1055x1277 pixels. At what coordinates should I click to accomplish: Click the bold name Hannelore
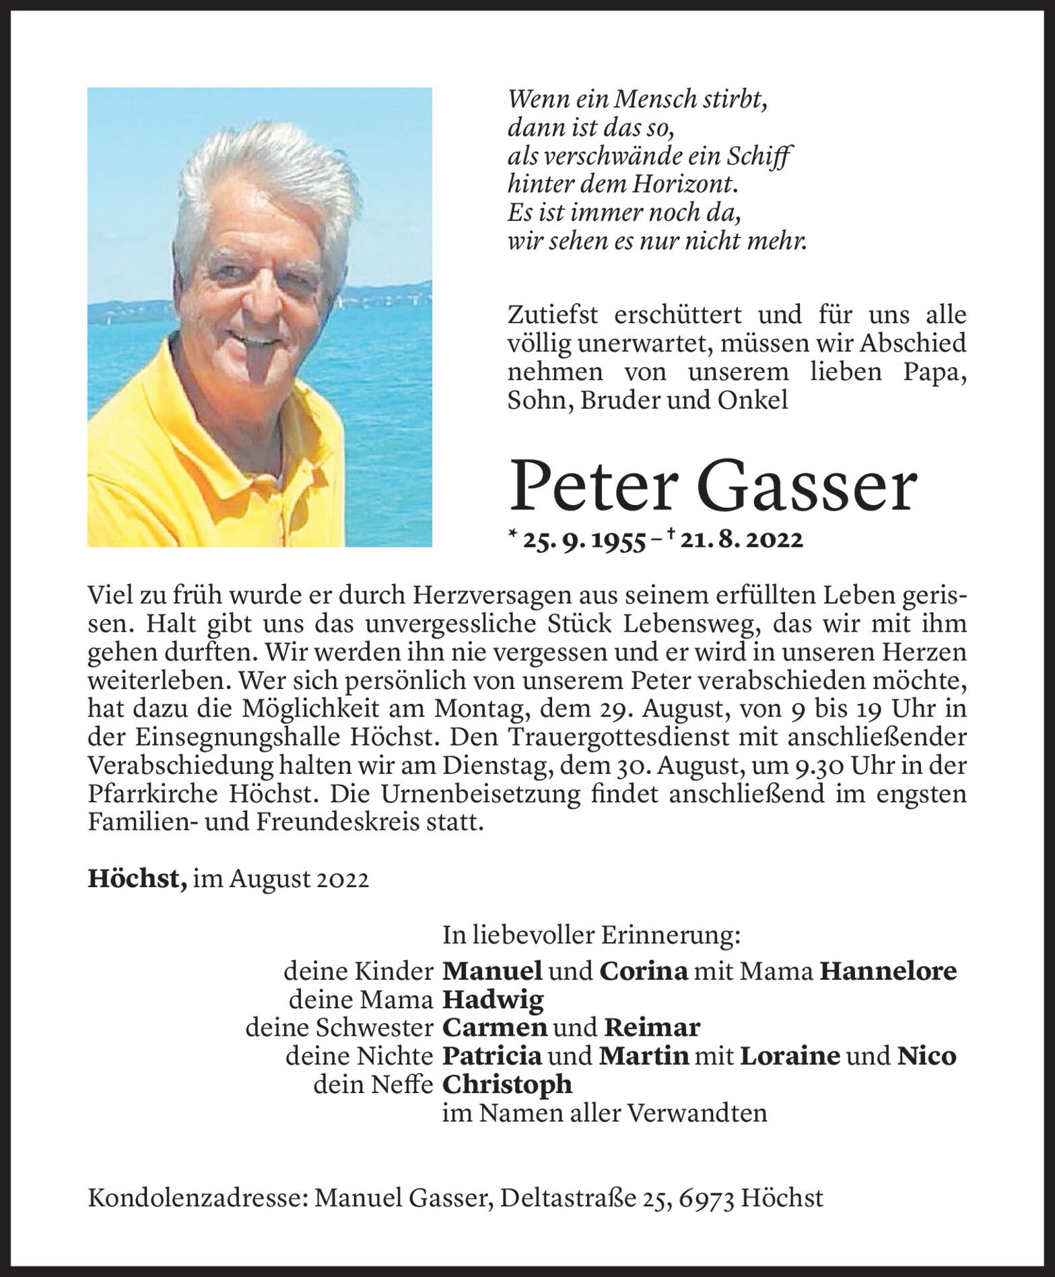(888, 971)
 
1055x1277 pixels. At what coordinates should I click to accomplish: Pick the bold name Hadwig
(493, 1000)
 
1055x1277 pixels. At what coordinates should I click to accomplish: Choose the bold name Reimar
(652, 1028)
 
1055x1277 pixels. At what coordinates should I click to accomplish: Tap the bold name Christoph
(508, 1084)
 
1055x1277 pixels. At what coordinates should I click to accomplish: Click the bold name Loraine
(790, 1055)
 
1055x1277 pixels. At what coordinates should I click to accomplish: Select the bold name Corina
(644, 971)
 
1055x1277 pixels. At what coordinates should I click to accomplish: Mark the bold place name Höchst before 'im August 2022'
(137, 880)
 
